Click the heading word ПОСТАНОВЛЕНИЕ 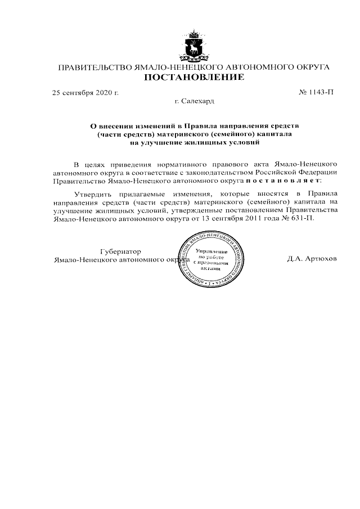tap(194, 78)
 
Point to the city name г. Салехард tap(195, 102)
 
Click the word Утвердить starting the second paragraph tap(93, 194)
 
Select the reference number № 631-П tap(300, 218)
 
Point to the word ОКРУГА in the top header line tap(309, 68)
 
